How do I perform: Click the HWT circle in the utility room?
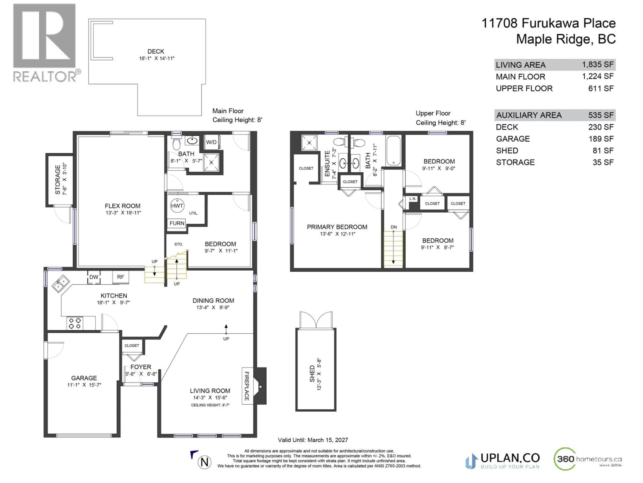coord(177,206)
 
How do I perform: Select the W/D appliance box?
coord(211,142)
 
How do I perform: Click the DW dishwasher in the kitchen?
coord(94,277)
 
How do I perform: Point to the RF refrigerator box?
coord(121,277)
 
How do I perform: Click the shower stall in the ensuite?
coord(309,143)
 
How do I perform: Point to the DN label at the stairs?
coord(394,227)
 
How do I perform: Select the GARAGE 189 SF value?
coord(601,139)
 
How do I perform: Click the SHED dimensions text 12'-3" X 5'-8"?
coord(319,374)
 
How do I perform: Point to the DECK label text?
coord(156,51)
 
